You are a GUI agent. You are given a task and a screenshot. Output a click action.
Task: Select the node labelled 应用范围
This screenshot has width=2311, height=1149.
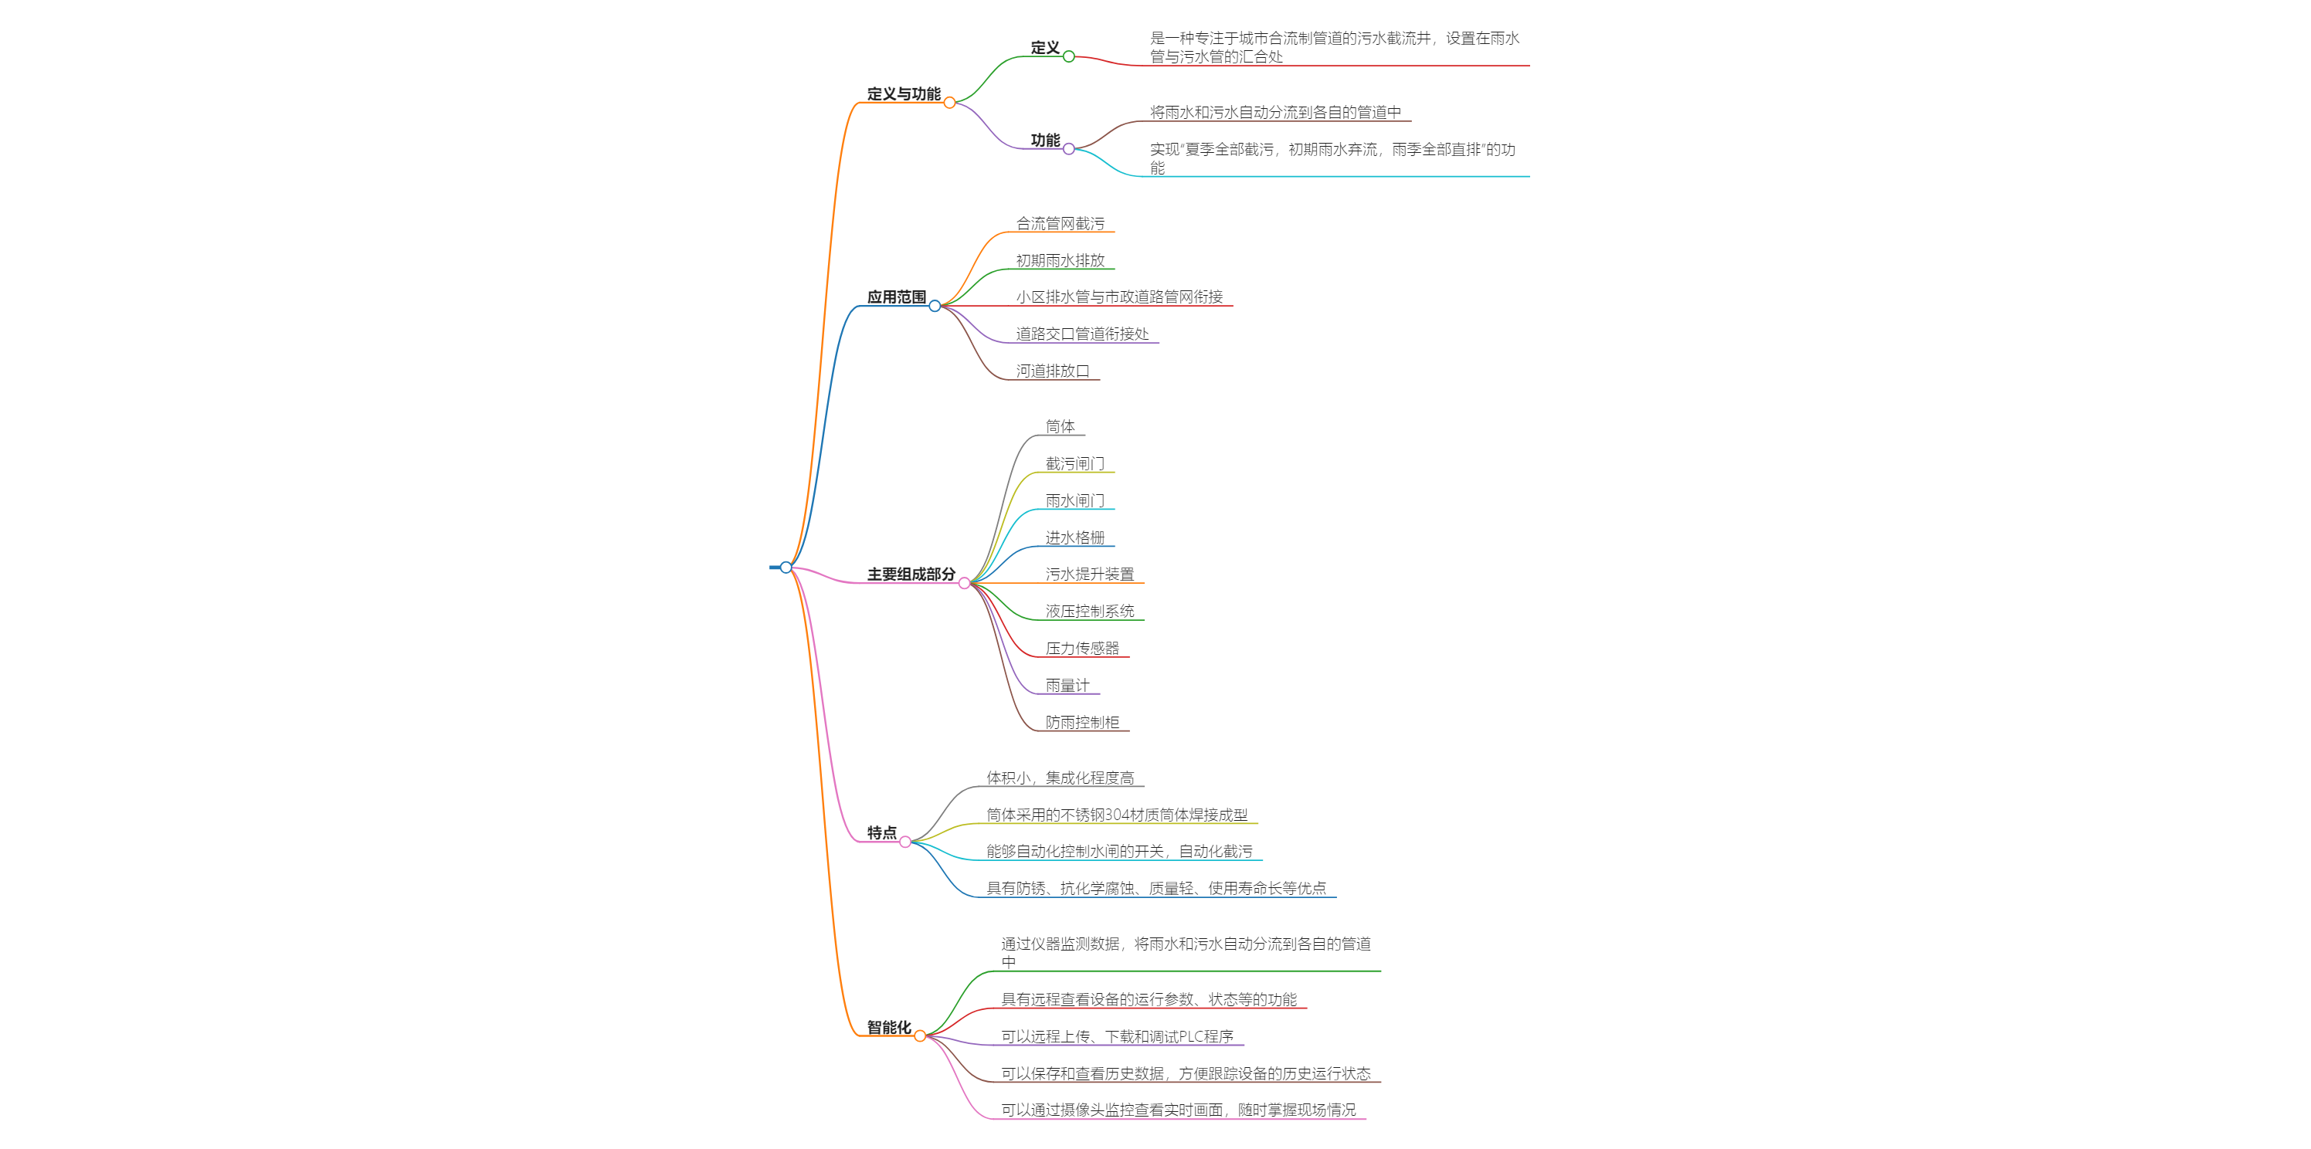895,297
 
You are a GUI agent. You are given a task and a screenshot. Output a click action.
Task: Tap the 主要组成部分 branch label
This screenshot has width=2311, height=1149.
911,574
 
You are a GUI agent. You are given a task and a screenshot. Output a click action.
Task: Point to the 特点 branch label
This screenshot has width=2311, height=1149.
881,832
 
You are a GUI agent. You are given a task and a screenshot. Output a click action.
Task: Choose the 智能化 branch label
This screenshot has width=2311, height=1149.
888,1027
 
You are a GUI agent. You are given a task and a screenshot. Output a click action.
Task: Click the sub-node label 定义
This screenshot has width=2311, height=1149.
1044,48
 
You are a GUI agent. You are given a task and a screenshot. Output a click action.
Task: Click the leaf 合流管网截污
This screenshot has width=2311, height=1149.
1060,223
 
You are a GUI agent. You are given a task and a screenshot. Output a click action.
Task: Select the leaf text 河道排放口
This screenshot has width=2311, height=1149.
1052,371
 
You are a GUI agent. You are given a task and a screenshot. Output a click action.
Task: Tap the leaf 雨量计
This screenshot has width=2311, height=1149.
1067,685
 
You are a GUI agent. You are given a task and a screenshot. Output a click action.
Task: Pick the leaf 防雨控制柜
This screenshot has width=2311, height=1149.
1082,722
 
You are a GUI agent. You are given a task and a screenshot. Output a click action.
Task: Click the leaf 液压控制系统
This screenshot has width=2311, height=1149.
1089,611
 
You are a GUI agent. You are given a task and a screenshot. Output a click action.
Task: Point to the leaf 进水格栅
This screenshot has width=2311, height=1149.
1074,537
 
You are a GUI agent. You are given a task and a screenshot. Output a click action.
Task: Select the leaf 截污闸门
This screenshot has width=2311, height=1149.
1074,464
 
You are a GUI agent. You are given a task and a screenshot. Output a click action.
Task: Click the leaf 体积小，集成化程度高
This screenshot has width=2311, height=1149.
1060,778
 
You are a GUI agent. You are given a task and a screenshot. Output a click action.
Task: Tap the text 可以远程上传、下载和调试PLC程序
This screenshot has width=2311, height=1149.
1117,1036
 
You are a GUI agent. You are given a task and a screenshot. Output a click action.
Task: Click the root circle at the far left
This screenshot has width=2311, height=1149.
786,567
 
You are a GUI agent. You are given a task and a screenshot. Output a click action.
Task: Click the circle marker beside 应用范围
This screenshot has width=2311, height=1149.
935,306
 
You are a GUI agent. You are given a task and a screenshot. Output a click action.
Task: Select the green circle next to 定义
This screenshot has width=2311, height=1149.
1068,56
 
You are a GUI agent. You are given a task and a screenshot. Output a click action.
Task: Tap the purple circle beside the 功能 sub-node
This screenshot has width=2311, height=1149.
1068,149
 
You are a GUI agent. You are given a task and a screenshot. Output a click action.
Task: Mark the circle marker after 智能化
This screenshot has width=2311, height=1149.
920,1036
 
